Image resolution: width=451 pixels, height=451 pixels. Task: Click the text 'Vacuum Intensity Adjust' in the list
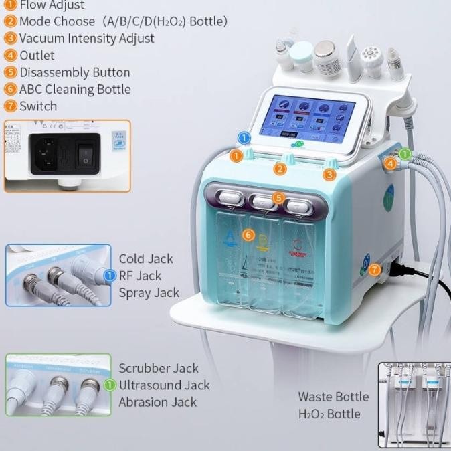[86, 38]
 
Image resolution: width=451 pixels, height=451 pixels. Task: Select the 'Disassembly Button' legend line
[74, 72]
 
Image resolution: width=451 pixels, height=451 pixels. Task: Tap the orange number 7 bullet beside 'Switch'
[10, 106]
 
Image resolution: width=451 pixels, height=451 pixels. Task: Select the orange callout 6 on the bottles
[248, 235]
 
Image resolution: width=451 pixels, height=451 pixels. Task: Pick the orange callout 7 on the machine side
[374, 270]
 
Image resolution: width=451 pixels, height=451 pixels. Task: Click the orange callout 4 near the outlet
[391, 163]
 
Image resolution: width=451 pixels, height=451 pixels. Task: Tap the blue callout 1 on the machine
[244, 138]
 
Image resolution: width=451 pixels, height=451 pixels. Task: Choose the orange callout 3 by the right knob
[329, 175]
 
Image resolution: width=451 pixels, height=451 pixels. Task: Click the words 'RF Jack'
[141, 276]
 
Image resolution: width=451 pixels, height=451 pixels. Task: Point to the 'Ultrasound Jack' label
[164, 385]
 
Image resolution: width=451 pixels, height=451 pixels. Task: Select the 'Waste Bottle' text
[333, 397]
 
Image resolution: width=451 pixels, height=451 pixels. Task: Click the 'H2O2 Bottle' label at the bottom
[329, 414]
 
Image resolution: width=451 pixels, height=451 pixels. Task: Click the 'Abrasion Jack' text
[157, 402]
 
